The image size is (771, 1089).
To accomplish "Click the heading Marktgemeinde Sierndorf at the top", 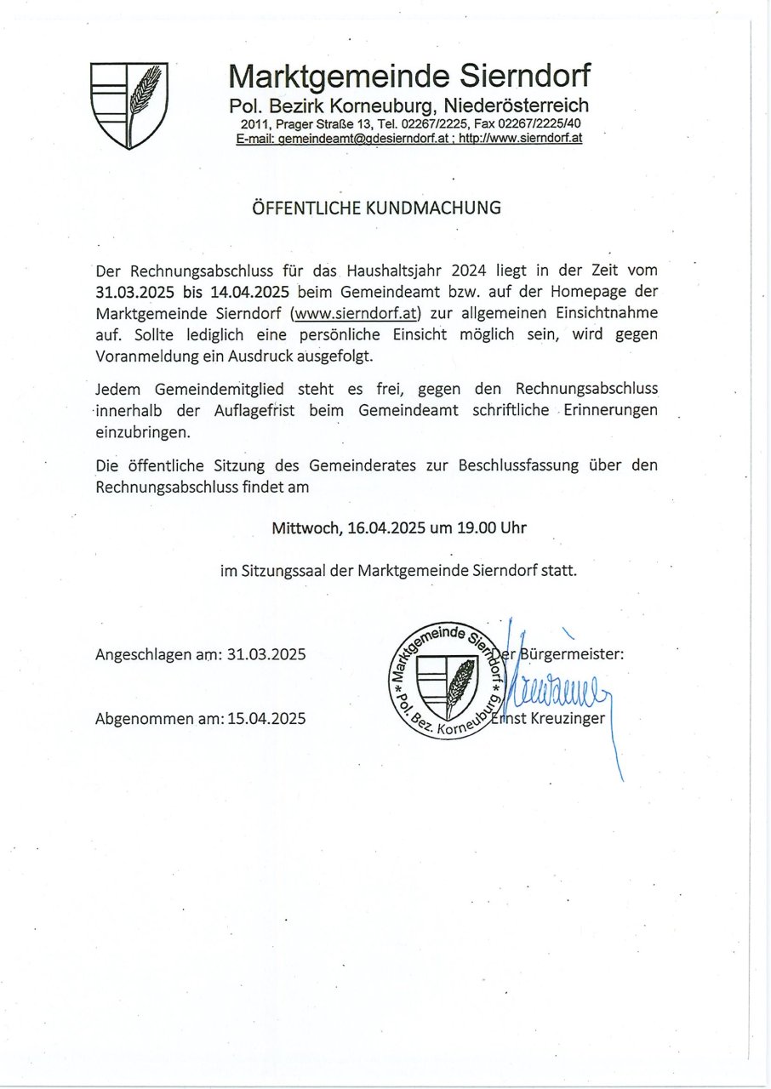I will pyautogui.click(x=408, y=77).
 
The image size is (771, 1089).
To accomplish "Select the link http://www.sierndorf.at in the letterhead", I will pyautogui.click(x=520, y=138).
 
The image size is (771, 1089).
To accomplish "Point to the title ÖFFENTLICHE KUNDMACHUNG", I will pyautogui.click(x=376, y=208).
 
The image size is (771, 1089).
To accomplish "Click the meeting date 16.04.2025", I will pyautogui.click(x=386, y=528).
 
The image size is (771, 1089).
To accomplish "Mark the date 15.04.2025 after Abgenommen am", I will pyautogui.click(x=266, y=719).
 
